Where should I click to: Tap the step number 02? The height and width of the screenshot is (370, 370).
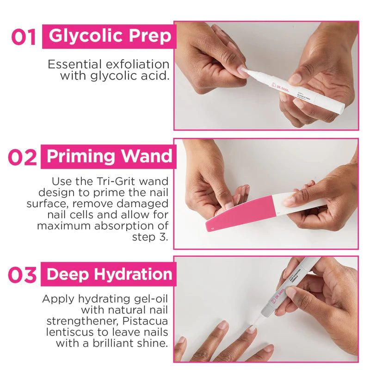pyautogui.click(x=22, y=158)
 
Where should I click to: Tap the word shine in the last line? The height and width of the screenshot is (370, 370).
pyautogui.click(x=155, y=343)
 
